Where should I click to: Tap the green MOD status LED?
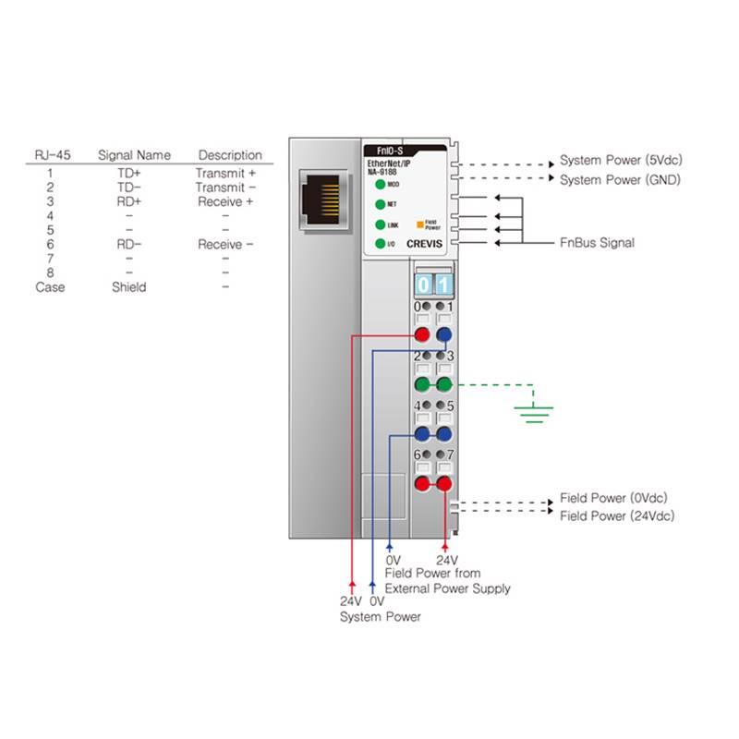[380, 185]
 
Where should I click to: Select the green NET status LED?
[380, 204]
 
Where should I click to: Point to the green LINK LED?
[380, 224]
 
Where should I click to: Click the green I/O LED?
[380, 244]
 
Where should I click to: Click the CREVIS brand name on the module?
[424, 244]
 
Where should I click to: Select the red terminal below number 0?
[423, 335]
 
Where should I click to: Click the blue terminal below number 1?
[444, 335]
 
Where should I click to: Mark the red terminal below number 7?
[444, 483]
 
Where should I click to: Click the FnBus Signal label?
[597, 243]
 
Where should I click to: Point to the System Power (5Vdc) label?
[621, 160]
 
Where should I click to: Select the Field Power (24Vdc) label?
[618, 515]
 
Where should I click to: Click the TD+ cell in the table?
[129, 173]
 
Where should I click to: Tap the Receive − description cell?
[224, 244]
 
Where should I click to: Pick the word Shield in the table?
[129, 286]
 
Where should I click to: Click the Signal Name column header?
[134, 155]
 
